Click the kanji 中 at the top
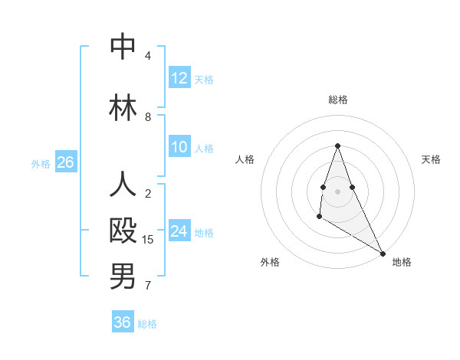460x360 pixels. pos(123,47)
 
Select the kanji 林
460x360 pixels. pos(123,108)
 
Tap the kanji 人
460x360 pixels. pos(123,185)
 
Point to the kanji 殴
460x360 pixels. pos(123,231)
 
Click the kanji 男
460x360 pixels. pos(123,277)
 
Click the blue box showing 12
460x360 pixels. pos(179,78)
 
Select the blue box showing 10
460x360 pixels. pos(179,148)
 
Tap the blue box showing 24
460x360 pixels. pos(179,231)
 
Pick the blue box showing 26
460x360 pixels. pos(65,162)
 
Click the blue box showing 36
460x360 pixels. pos(123,322)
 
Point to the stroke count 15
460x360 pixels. pos(148,240)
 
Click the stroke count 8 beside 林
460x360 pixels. pos(148,117)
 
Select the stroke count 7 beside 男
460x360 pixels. pos(148,286)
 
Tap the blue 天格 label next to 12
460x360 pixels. pos(204,79)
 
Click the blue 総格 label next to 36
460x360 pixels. pos(147,324)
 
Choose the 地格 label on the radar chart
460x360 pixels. pos(402,262)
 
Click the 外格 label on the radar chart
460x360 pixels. pos(270,262)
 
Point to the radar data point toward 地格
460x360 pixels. pos(383,253)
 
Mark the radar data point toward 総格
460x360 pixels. pos(337,146)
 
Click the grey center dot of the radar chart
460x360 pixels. pos(337,191)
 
